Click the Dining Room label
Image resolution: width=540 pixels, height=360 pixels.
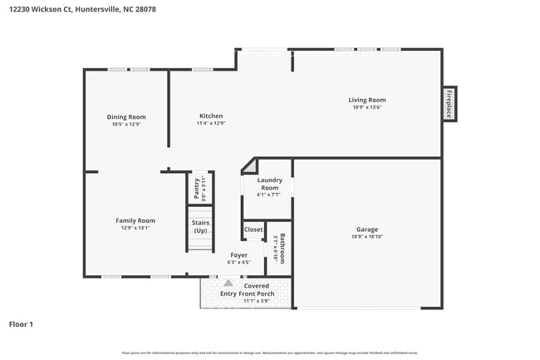(x=126, y=117)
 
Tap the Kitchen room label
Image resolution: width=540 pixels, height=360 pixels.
(x=211, y=116)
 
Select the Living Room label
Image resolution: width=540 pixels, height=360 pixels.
(x=366, y=100)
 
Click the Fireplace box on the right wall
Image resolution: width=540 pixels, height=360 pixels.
(x=449, y=103)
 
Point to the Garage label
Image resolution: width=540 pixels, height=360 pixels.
(x=367, y=229)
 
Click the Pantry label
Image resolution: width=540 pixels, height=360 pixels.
(x=197, y=188)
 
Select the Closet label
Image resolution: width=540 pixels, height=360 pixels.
(x=253, y=229)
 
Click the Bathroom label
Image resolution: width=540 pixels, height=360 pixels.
(x=282, y=249)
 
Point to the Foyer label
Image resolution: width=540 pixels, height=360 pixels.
(x=239, y=255)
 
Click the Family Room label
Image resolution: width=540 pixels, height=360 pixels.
(x=135, y=220)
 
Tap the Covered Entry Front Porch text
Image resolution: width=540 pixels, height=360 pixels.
(x=247, y=289)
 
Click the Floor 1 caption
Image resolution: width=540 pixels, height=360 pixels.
(x=21, y=323)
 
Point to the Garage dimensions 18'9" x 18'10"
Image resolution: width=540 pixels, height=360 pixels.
(x=367, y=237)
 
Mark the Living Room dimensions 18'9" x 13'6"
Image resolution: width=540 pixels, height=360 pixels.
(x=366, y=107)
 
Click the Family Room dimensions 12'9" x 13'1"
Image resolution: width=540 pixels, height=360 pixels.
(x=135, y=228)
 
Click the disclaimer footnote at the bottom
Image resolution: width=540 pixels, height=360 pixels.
(x=270, y=353)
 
